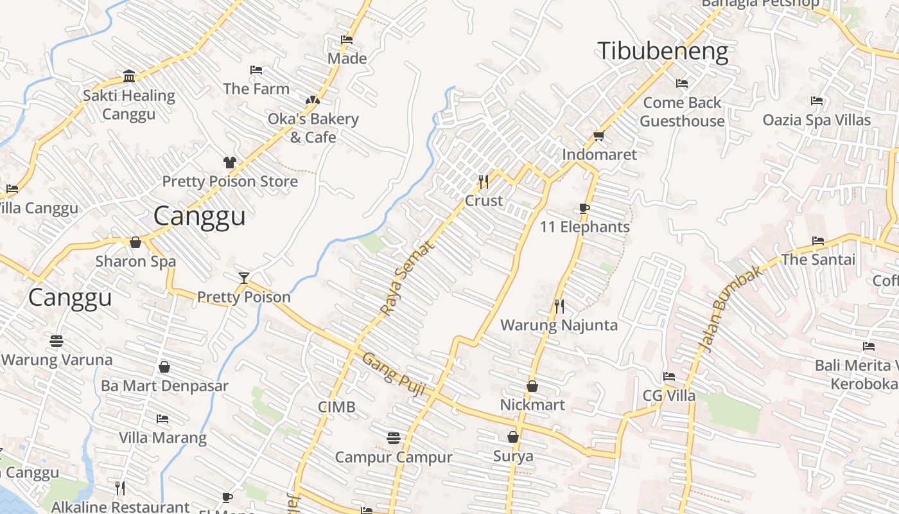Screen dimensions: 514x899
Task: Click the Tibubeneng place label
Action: [663, 51]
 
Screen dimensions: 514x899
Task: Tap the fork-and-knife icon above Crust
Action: [484, 182]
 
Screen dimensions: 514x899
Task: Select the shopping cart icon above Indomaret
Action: [598, 136]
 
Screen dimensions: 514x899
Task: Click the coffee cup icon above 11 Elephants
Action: [584, 208]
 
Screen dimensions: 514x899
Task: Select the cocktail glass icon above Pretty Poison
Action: [243, 278]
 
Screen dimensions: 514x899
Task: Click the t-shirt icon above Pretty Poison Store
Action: [230, 162]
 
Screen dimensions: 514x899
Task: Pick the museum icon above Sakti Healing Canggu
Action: [129, 76]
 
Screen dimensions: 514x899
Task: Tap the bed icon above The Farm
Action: [256, 69]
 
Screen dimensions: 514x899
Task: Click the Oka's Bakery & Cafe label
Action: [313, 128]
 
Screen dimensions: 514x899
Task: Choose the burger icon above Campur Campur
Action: [394, 438]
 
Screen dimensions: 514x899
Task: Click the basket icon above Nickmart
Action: [532, 386]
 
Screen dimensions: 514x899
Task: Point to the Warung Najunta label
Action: [559, 325]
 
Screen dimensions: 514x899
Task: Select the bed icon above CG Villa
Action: [669, 377]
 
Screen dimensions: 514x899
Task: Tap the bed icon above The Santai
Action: [818, 241]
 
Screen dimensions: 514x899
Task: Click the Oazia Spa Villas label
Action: [816, 120]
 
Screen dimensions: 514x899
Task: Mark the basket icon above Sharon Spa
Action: [135, 242]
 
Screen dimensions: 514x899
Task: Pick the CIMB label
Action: [336, 407]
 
